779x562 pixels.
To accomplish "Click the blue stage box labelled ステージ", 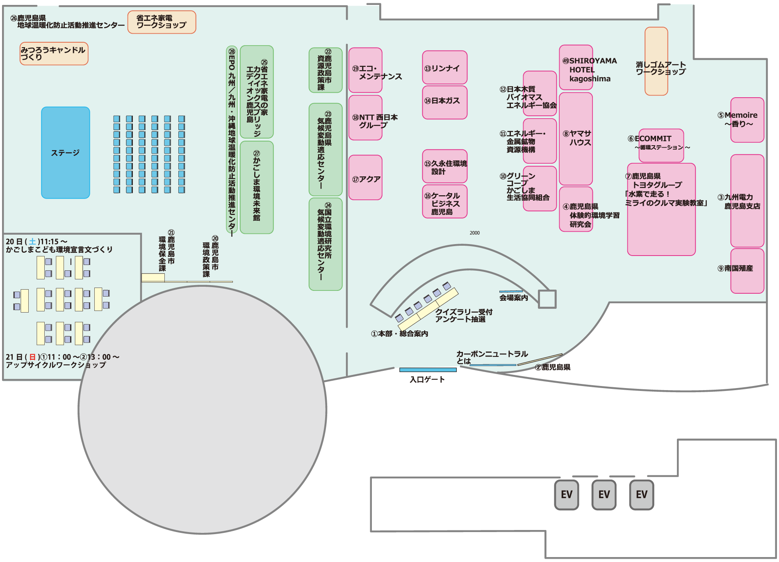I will [66, 153].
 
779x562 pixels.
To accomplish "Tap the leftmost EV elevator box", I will [567, 495].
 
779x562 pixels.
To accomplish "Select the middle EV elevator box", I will [604, 495].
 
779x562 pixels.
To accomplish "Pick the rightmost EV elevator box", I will [642, 495].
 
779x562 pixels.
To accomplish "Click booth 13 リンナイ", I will [445, 68].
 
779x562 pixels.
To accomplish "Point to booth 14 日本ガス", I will [445, 102].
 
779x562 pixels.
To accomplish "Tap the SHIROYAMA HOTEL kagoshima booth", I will [576, 68].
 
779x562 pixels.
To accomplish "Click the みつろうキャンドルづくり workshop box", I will [54, 54].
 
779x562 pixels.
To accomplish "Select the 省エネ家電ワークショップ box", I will [162, 22].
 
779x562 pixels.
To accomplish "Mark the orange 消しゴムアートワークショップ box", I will [656, 62].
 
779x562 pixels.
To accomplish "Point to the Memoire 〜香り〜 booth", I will [747, 120].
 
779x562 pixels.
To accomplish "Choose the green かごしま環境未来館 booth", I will [257, 187].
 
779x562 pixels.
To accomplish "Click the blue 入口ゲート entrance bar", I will [428, 370].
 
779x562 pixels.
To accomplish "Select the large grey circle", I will [202, 410].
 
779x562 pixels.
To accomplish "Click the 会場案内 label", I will [513, 298].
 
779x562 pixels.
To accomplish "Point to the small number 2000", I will [475, 233].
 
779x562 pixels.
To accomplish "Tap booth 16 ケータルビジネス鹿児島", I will [445, 201].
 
